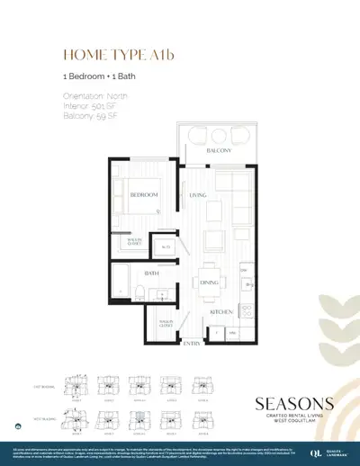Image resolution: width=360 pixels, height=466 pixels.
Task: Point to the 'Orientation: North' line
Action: tap(96, 95)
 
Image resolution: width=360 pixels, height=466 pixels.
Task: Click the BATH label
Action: tap(151, 271)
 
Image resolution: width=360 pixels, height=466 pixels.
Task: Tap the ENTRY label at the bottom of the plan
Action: tap(191, 343)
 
